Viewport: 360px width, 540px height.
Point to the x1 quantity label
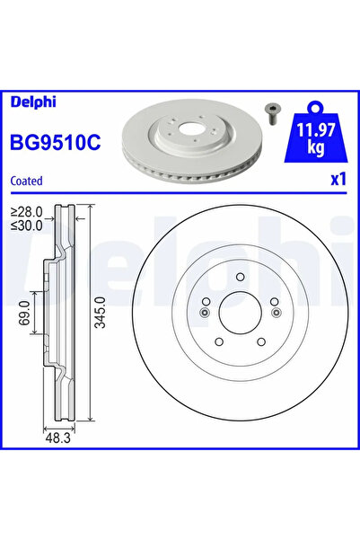pyautogui.click(x=338, y=180)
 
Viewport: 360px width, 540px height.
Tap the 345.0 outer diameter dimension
pyautogui.click(x=101, y=313)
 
